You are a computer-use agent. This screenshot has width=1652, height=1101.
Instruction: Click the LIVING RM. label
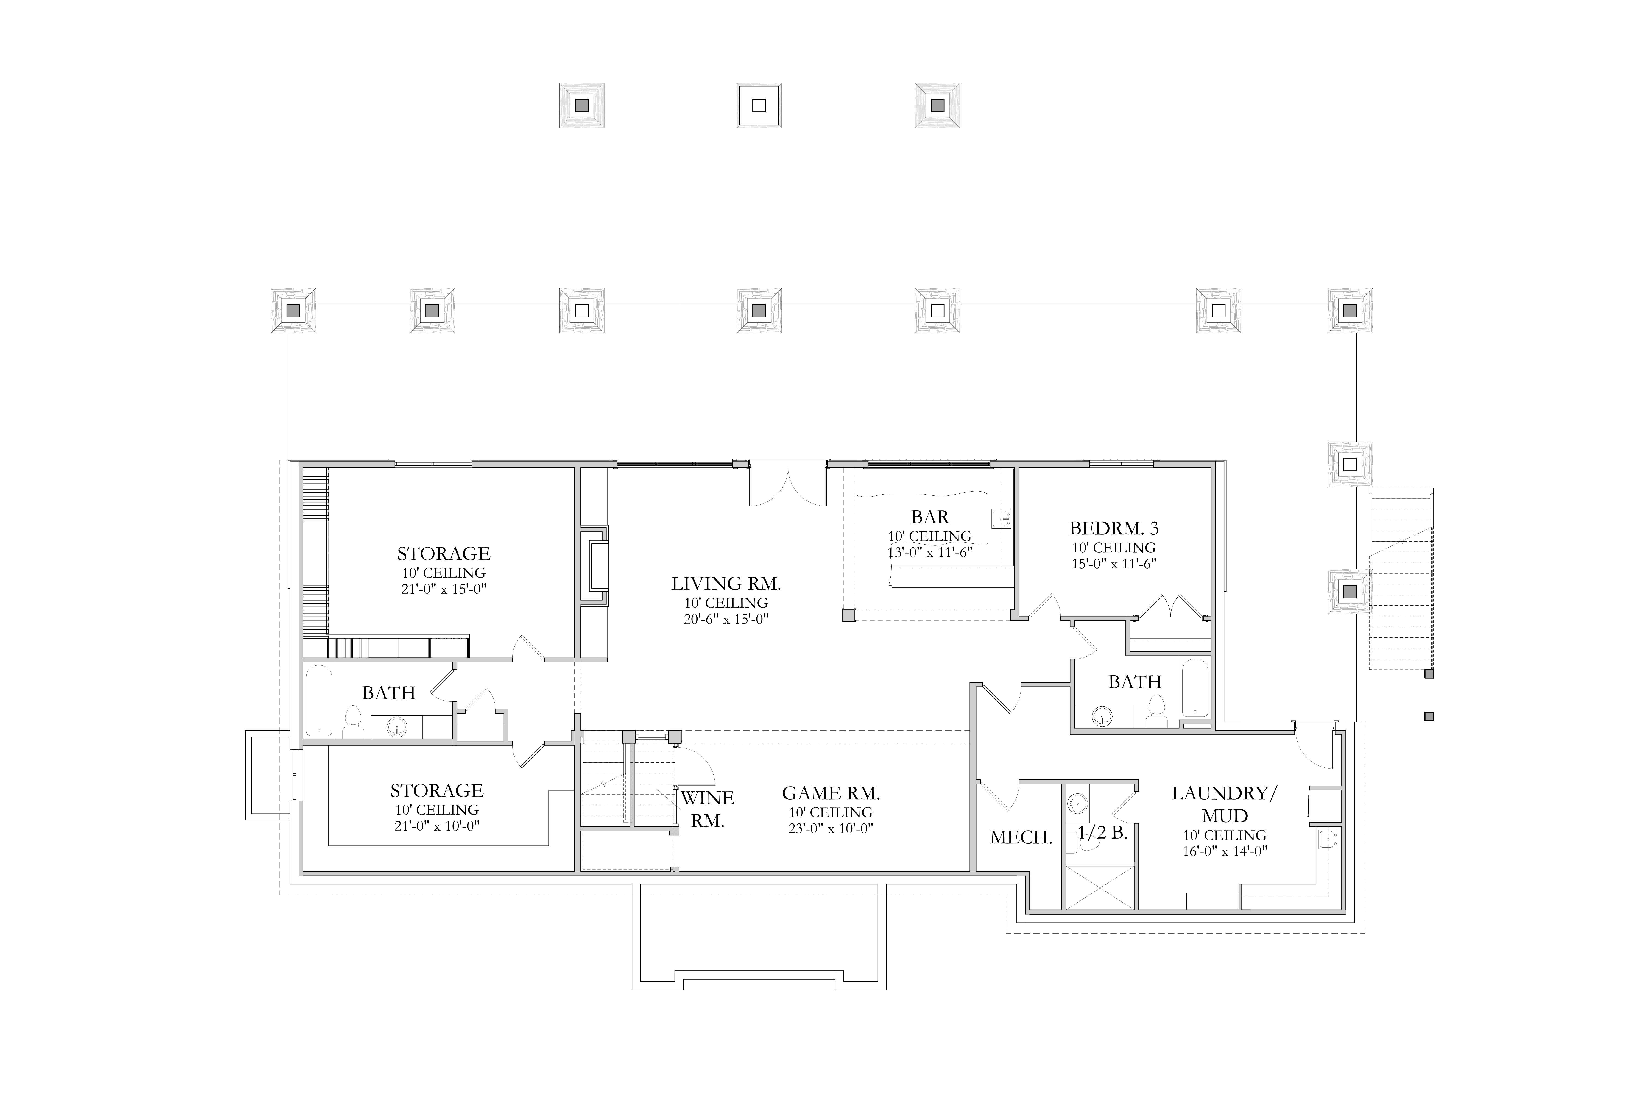point(726,584)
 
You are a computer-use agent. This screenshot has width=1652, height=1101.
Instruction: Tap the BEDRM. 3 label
point(1114,528)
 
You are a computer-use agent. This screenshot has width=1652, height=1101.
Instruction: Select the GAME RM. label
point(831,793)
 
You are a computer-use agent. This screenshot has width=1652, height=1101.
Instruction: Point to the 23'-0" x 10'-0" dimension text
point(831,828)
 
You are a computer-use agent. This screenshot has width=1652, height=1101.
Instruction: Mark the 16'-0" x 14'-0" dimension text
point(1225,852)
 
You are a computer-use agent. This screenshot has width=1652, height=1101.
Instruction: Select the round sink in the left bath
point(397,726)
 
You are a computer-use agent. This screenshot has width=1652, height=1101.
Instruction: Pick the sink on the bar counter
point(1001,519)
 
